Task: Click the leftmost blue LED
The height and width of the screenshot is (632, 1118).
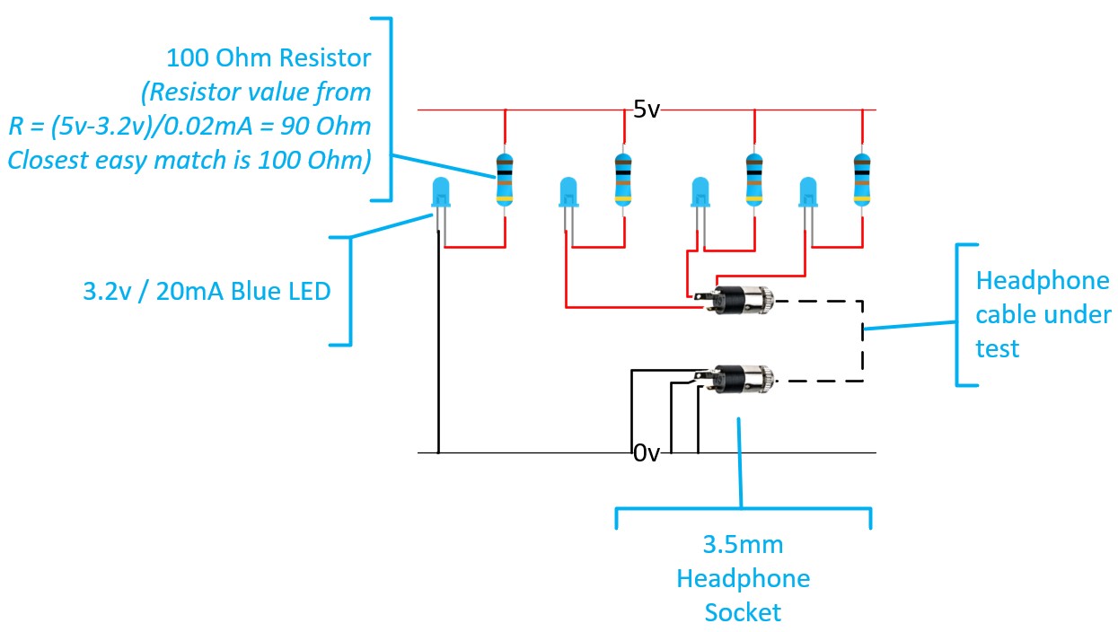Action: pyautogui.click(x=440, y=192)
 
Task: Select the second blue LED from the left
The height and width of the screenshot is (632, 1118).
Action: pyautogui.click(x=568, y=192)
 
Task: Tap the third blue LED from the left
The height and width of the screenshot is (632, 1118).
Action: pyautogui.click(x=700, y=192)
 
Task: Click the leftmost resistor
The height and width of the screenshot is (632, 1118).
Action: pyautogui.click(x=506, y=178)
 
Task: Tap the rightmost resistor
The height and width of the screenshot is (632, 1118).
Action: pyautogui.click(x=862, y=178)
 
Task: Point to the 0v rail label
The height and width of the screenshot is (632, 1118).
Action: pyautogui.click(x=647, y=453)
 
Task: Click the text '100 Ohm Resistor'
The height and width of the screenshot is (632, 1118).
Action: pyautogui.click(x=268, y=58)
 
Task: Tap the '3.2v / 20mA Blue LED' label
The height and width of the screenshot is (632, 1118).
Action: pyautogui.click(x=206, y=292)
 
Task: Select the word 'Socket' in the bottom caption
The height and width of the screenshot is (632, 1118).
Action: pyautogui.click(x=743, y=612)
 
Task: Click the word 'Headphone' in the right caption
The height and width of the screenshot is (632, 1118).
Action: pyautogui.click(x=1043, y=282)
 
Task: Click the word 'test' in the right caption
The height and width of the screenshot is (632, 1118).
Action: pyautogui.click(x=997, y=347)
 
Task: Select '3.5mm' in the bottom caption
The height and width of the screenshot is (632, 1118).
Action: pyautogui.click(x=743, y=545)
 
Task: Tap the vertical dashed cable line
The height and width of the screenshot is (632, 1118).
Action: pyautogui.click(x=863, y=341)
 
